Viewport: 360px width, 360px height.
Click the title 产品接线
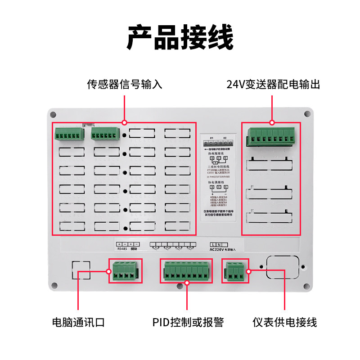[x=180, y=38]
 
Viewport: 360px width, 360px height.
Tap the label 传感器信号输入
[x=125, y=85]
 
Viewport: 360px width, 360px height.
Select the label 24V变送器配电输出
[x=273, y=85]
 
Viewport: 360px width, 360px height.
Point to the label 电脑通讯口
[x=78, y=322]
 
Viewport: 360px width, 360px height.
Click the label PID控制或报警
[x=187, y=322]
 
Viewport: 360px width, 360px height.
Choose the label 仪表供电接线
[x=284, y=322]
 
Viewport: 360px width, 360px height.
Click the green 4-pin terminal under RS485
[x=125, y=271]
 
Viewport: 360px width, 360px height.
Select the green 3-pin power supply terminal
[x=235, y=271]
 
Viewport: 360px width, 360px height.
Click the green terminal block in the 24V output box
[x=271, y=137]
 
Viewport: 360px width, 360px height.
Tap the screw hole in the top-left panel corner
[x=53, y=114]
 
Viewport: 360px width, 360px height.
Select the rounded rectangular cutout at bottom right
[x=283, y=267]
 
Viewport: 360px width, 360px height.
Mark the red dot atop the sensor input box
[x=125, y=122]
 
